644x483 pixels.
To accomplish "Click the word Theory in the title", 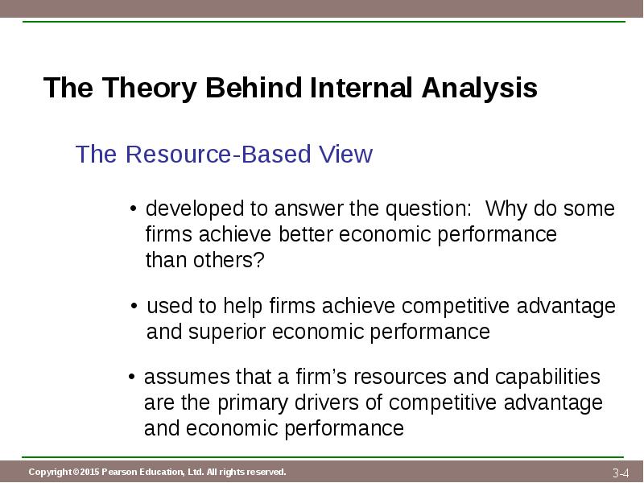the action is pyautogui.click(x=149, y=89).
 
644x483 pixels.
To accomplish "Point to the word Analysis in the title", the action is pyautogui.click(x=479, y=89).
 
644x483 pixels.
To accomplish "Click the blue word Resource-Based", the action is pyautogui.click(x=217, y=154).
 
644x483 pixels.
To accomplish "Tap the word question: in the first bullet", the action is pyautogui.click(x=428, y=209).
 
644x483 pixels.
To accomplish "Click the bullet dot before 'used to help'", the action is pyautogui.click(x=134, y=306).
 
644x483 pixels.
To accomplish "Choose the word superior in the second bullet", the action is pyautogui.click(x=227, y=332).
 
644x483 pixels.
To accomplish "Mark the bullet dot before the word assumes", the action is pyautogui.click(x=131, y=376).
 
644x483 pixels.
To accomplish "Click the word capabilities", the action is pyautogui.click(x=547, y=378).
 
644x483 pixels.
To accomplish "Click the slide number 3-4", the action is pyautogui.click(x=621, y=473).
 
